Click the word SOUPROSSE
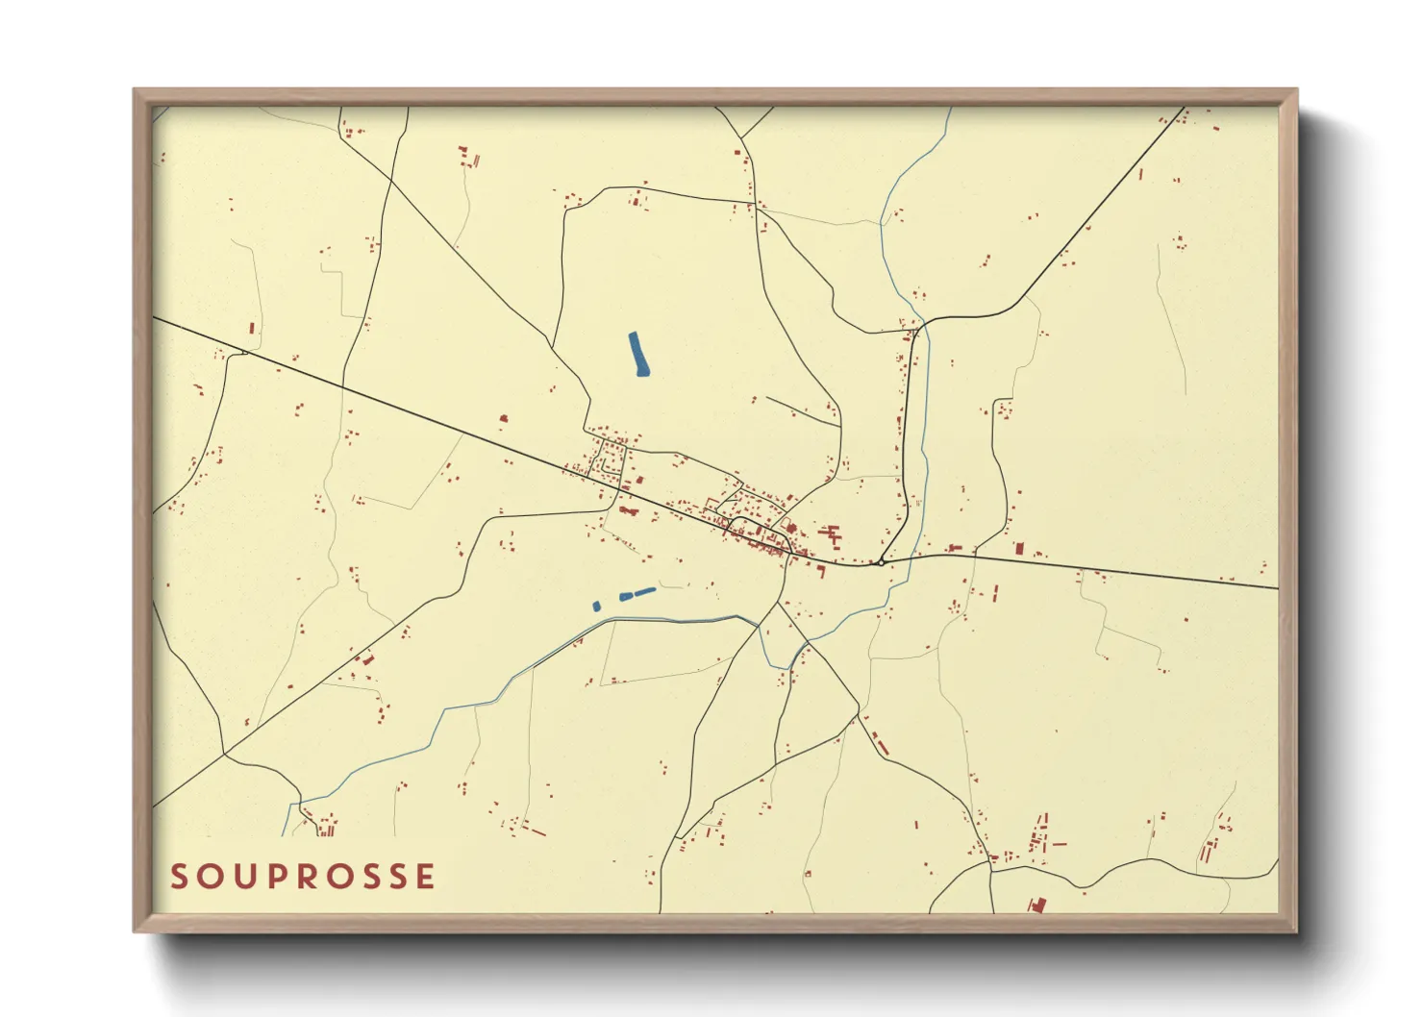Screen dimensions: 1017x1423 303,877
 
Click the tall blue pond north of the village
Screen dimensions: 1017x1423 637,354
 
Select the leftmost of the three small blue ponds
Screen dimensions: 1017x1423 596,606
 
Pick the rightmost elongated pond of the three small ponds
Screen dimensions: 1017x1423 644,591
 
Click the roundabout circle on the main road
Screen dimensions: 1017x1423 880,562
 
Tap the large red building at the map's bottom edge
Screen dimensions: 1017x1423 1036,905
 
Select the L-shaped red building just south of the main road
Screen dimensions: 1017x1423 629,510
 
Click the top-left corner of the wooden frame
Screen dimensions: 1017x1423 135,90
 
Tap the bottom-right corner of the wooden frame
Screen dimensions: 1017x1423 1296,930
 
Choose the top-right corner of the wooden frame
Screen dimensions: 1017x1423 1296,90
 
